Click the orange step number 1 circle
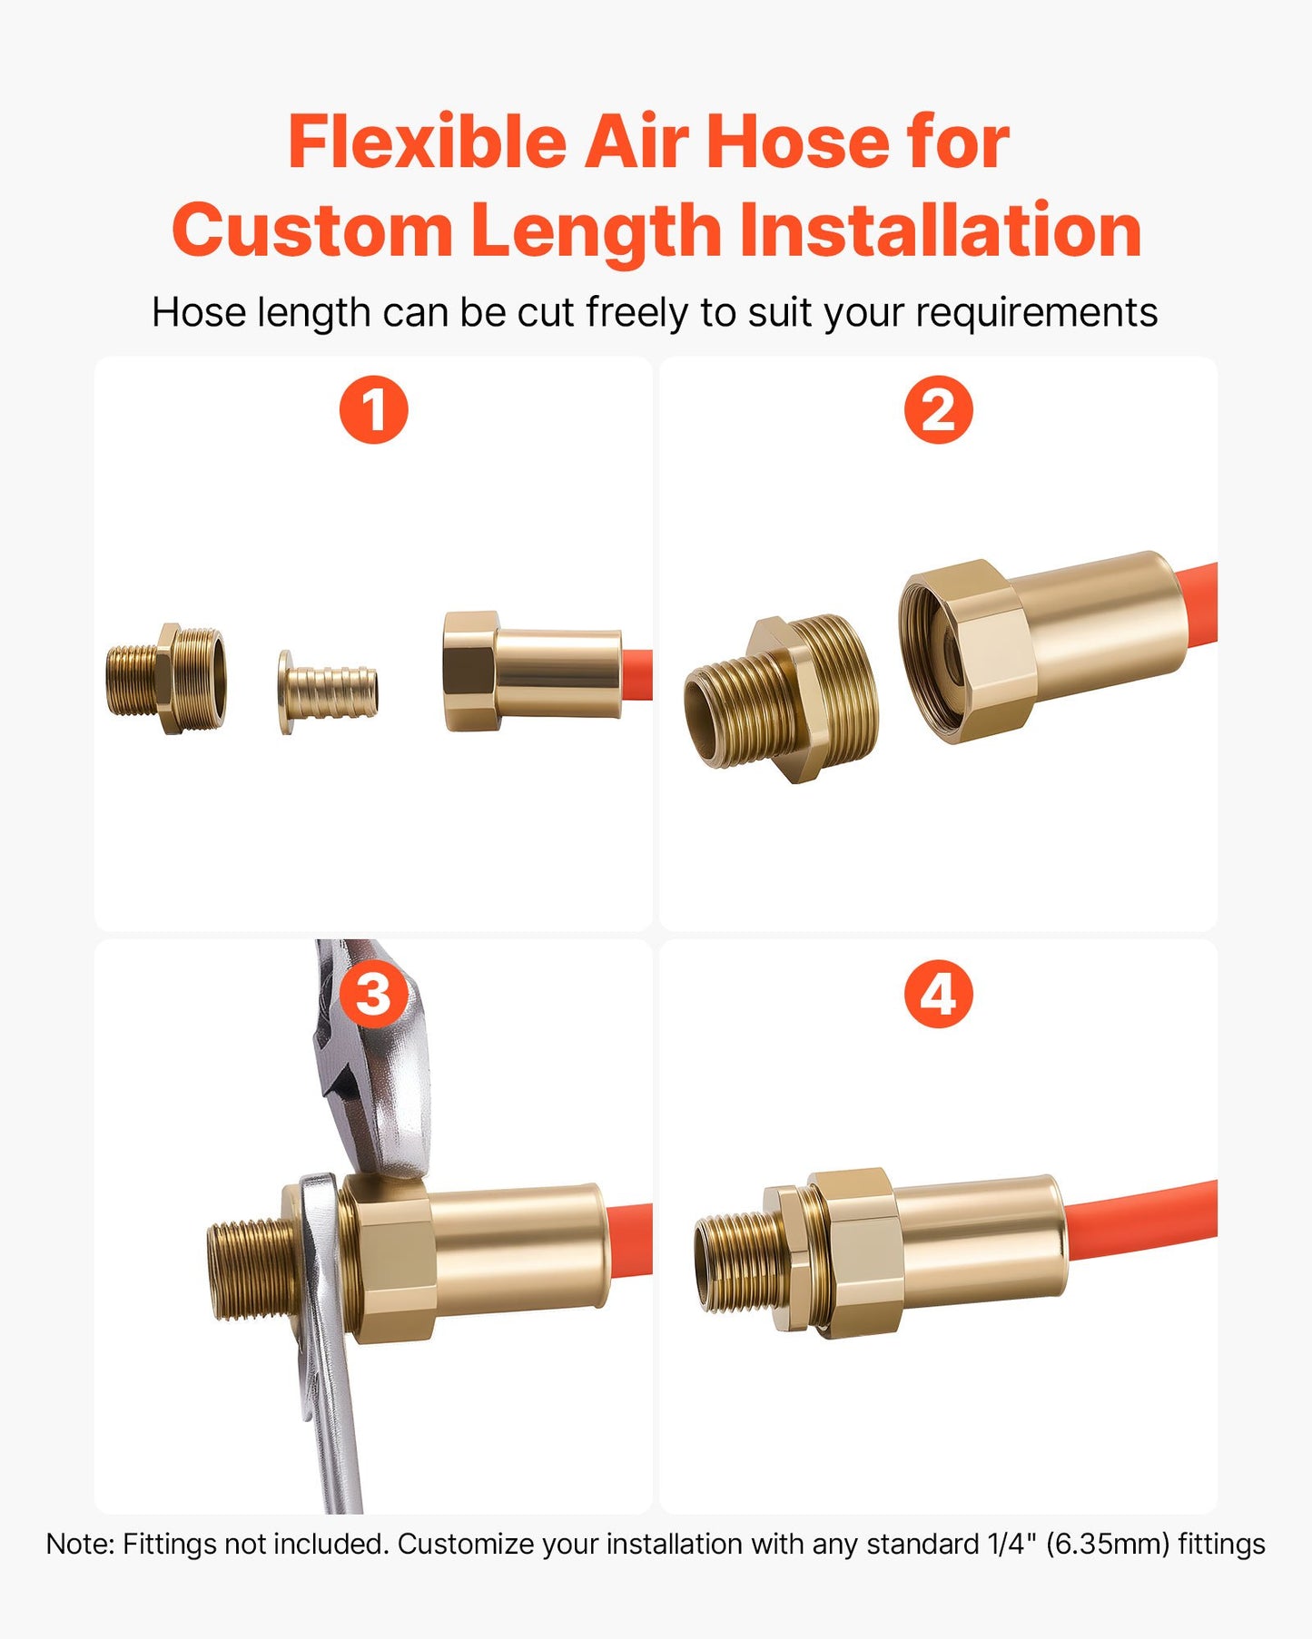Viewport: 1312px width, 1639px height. [373, 409]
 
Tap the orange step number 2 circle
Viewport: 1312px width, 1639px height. [938, 409]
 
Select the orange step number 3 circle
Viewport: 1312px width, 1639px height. [373, 994]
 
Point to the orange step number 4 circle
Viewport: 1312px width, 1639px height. [938, 994]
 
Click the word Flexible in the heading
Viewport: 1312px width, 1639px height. [428, 142]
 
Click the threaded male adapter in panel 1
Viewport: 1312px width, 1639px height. [165, 679]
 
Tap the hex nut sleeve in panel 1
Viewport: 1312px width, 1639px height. [531, 672]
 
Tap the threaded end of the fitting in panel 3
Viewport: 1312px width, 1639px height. [251, 1269]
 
